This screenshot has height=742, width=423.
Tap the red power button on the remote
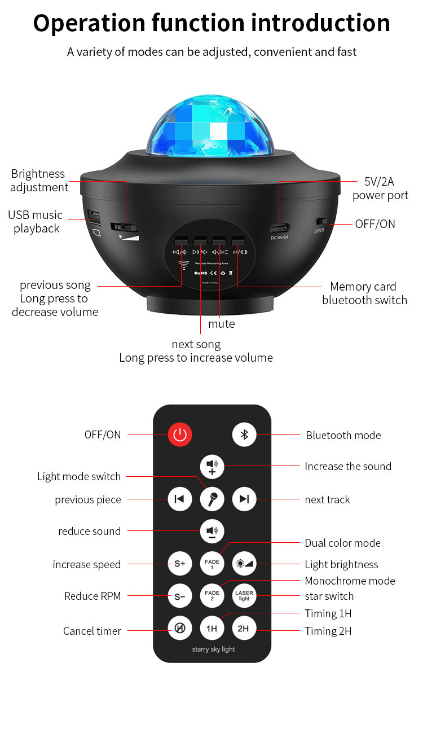click(180, 434)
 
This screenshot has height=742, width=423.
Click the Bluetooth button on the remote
click(244, 434)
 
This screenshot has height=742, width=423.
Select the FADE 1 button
click(212, 563)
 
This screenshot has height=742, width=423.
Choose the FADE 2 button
click(212, 595)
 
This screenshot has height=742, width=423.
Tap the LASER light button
click(244, 595)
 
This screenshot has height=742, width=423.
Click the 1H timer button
click(212, 628)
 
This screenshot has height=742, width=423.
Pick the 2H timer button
click(244, 628)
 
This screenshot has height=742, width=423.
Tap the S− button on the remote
click(180, 595)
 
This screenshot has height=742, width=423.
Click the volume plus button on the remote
click(212, 467)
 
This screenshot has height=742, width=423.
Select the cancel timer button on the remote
click(180, 628)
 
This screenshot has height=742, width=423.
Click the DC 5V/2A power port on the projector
click(279, 229)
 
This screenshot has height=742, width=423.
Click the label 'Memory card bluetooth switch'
click(364, 293)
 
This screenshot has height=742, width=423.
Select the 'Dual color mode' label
click(342, 543)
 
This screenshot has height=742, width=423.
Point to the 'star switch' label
click(329, 596)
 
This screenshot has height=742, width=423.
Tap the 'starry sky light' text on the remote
click(213, 649)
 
